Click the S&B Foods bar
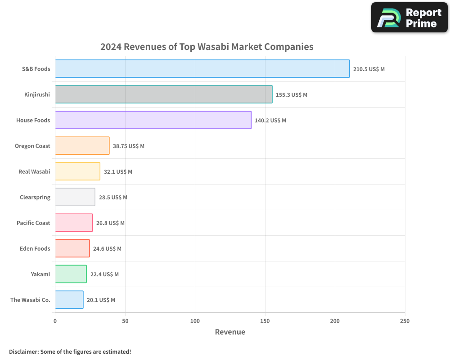[202, 69]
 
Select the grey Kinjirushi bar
[163, 94]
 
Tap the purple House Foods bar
[153, 120]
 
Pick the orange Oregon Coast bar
[82, 146]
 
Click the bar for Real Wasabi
[77, 171]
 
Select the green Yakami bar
[71, 274]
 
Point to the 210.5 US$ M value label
[369, 69]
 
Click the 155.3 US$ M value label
[291, 95]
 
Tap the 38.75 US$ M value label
[128, 146]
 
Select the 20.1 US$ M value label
[101, 300]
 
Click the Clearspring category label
[35, 198]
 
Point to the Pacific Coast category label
[33, 223]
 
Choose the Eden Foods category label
[35, 249]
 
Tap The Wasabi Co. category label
[30, 300]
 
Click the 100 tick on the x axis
[195, 321]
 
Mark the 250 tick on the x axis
[405, 321]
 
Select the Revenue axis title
[230, 332]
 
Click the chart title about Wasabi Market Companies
[207, 47]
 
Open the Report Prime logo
[409, 18]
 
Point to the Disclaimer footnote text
[70, 352]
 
